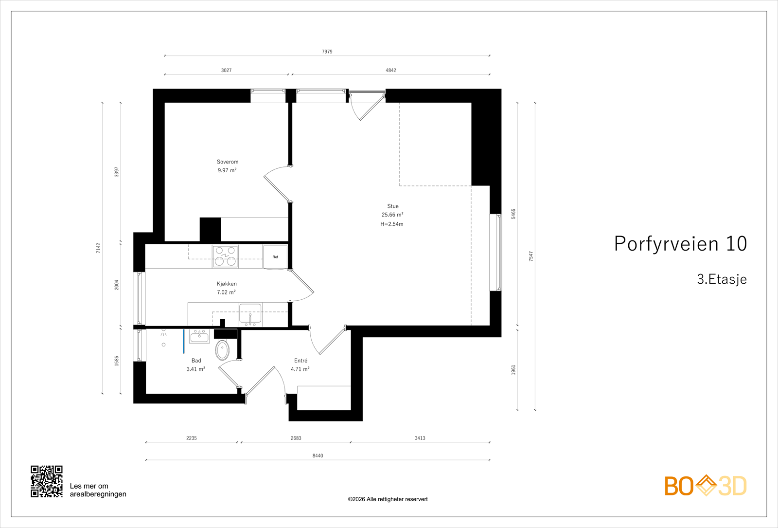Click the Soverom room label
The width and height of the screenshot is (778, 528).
[x=228, y=162]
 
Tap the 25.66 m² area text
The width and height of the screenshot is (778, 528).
[x=392, y=215]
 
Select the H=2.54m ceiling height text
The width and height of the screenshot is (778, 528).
[x=392, y=224]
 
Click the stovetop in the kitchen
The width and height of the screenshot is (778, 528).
[x=225, y=256]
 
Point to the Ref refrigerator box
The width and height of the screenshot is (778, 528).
[x=275, y=256]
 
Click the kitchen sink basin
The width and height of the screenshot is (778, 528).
[x=250, y=314]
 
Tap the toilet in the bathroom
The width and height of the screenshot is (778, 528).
[x=222, y=349]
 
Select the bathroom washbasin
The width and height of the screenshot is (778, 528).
[x=199, y=336]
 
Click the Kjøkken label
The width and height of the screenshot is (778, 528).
[x=227, y=284]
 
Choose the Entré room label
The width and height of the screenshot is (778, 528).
[x=301, y=361]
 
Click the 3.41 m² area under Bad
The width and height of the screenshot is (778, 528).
[x=195, y=369]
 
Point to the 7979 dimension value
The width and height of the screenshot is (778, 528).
[x=327, y=52]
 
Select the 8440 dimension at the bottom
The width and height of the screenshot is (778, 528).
[x=318, y=456]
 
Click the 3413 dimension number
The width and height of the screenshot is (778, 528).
[x=420, y=438]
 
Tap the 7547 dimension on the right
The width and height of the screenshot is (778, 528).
[x=531, y=256]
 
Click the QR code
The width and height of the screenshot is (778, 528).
[x=47, y=481]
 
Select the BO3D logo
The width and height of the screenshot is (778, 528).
[x=706, y=486]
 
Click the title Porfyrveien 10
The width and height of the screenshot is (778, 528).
[x=680, y=244]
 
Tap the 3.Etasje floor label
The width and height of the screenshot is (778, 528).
[x=722, y=279]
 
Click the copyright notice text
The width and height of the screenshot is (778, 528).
[x=388, y=499]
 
